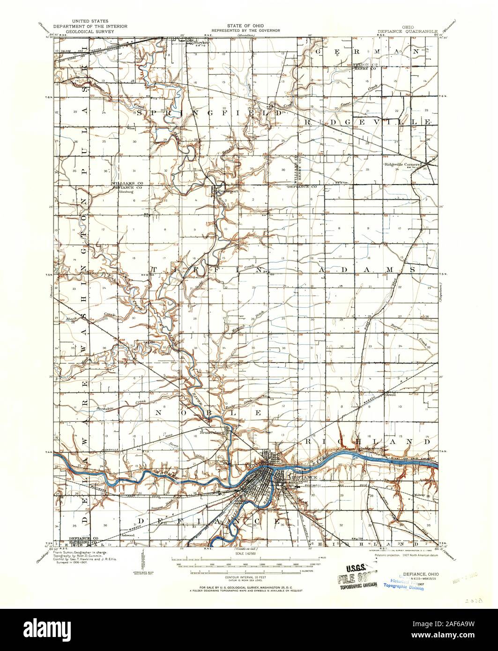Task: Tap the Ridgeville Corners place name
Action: (x=401, y=164)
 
